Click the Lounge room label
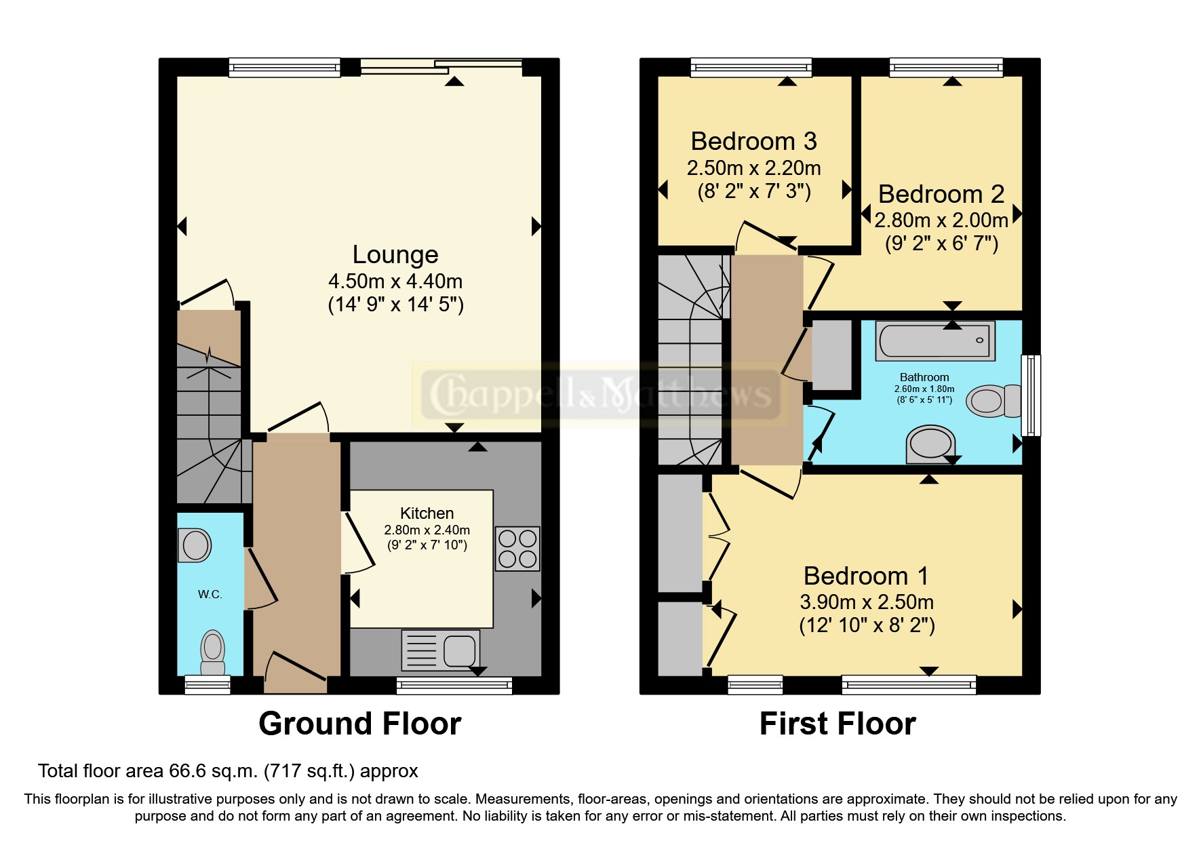[395, 255]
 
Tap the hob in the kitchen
[517, 549]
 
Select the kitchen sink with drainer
[441, 650]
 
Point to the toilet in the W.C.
[213, 652]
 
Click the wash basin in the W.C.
[195, 545]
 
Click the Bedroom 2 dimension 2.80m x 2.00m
[941, 220]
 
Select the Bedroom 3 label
[753, 141]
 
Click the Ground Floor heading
[360, 724]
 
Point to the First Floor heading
[838, 724]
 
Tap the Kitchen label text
[427, 513]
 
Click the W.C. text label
[210, 595]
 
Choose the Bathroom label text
[924, 377]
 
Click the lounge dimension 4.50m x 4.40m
[395, 281]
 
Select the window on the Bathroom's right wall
[1031, 395]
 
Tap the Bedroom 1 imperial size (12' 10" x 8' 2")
[867, 625]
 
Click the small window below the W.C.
[208, 685]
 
